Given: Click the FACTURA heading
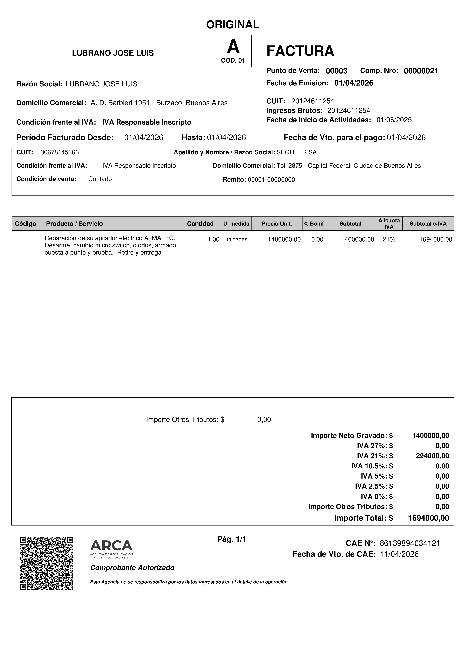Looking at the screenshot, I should pos(300,51).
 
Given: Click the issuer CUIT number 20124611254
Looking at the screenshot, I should pos(313,101).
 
